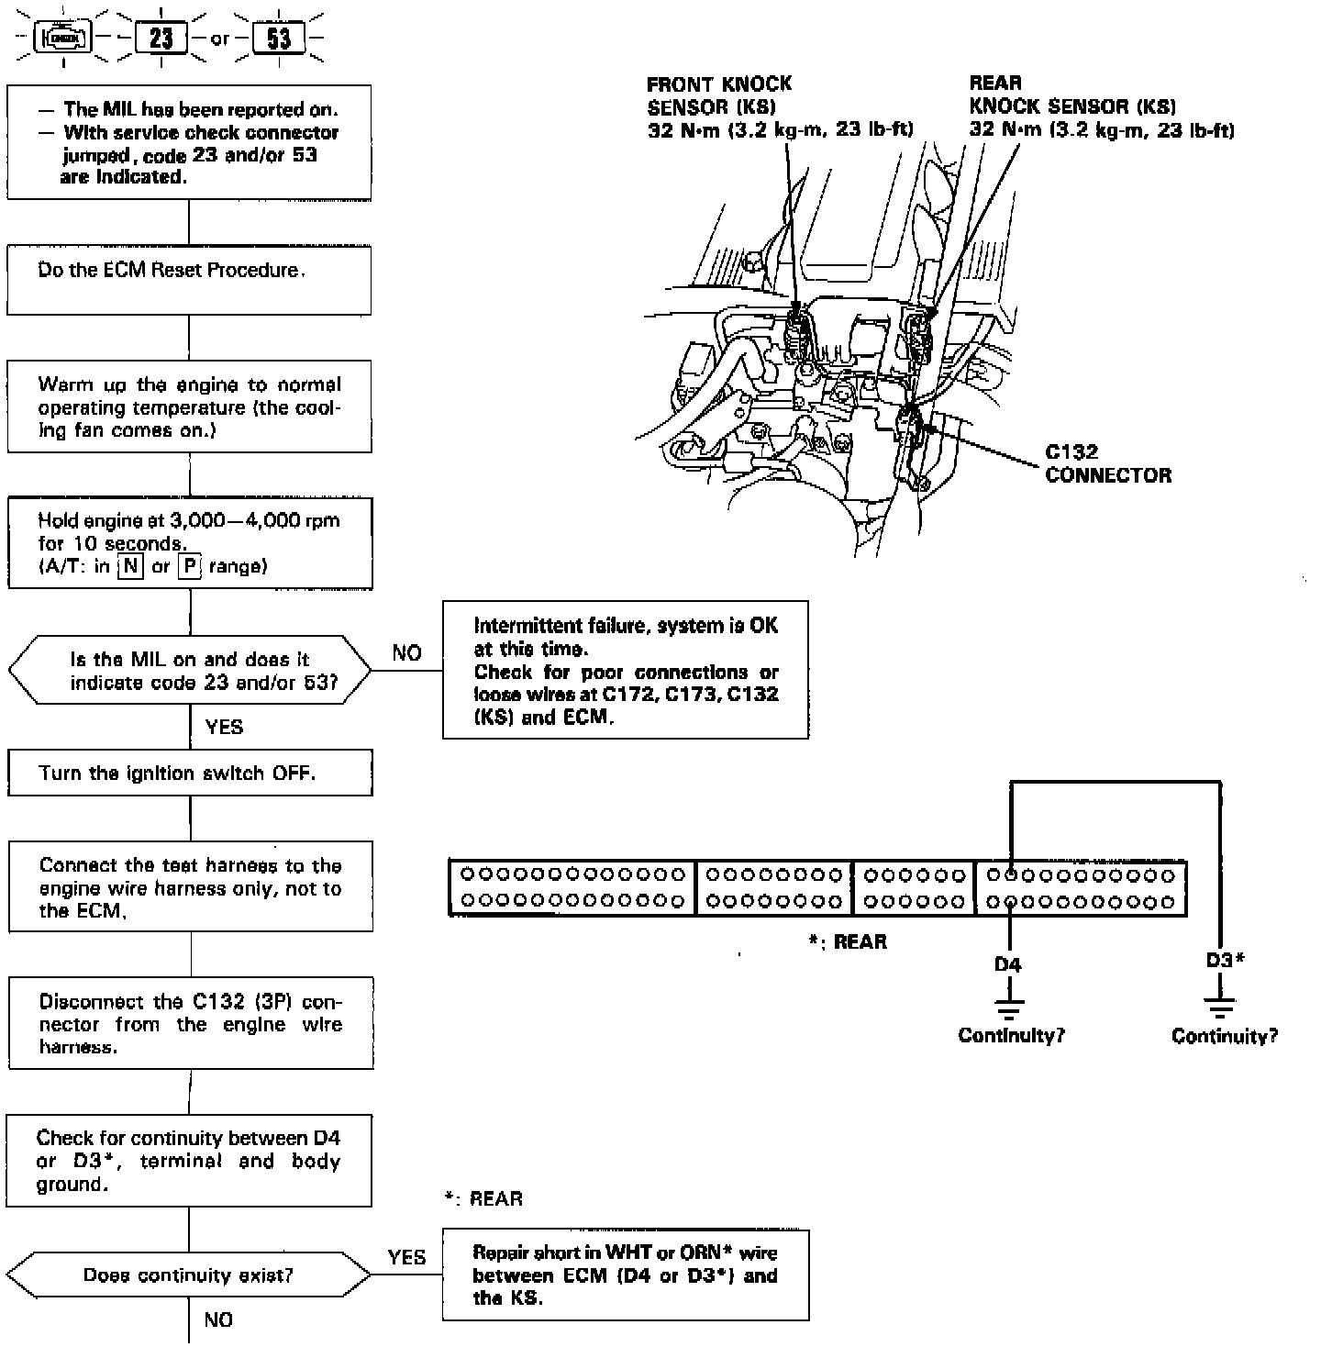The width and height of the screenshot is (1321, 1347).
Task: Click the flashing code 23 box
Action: tap(161, 39)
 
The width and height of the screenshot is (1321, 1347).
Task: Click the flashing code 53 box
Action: tap(279, 39)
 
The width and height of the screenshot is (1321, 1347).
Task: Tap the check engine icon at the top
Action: tap(63, 39)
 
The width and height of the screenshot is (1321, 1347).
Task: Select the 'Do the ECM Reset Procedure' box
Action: tap(189, 280)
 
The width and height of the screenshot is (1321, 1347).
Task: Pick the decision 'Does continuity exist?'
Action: tap(188, 1275)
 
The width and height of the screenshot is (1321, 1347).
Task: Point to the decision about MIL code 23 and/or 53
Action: tap(190, 671)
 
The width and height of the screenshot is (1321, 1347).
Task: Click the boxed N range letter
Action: tap(131, 566)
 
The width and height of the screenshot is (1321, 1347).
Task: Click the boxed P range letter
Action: tap(189, 566)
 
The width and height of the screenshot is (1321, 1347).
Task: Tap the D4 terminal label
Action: tap(1007, 964)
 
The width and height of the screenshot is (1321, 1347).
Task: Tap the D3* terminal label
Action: tap(1224, 961)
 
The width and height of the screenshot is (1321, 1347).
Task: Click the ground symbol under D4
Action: tap(1009, 1009)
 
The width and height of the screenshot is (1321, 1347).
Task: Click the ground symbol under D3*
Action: tap(1221, 1009)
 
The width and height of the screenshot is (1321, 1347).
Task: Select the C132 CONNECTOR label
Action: tap(1107, 463)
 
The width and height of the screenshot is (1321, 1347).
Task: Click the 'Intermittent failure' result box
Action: tap(626, 670)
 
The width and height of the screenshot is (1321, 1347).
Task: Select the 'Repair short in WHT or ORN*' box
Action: tap(626, 1275)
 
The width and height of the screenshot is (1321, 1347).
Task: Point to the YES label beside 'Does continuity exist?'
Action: tap(406, 1257)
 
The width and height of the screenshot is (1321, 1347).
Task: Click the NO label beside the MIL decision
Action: tap(406, 652)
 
